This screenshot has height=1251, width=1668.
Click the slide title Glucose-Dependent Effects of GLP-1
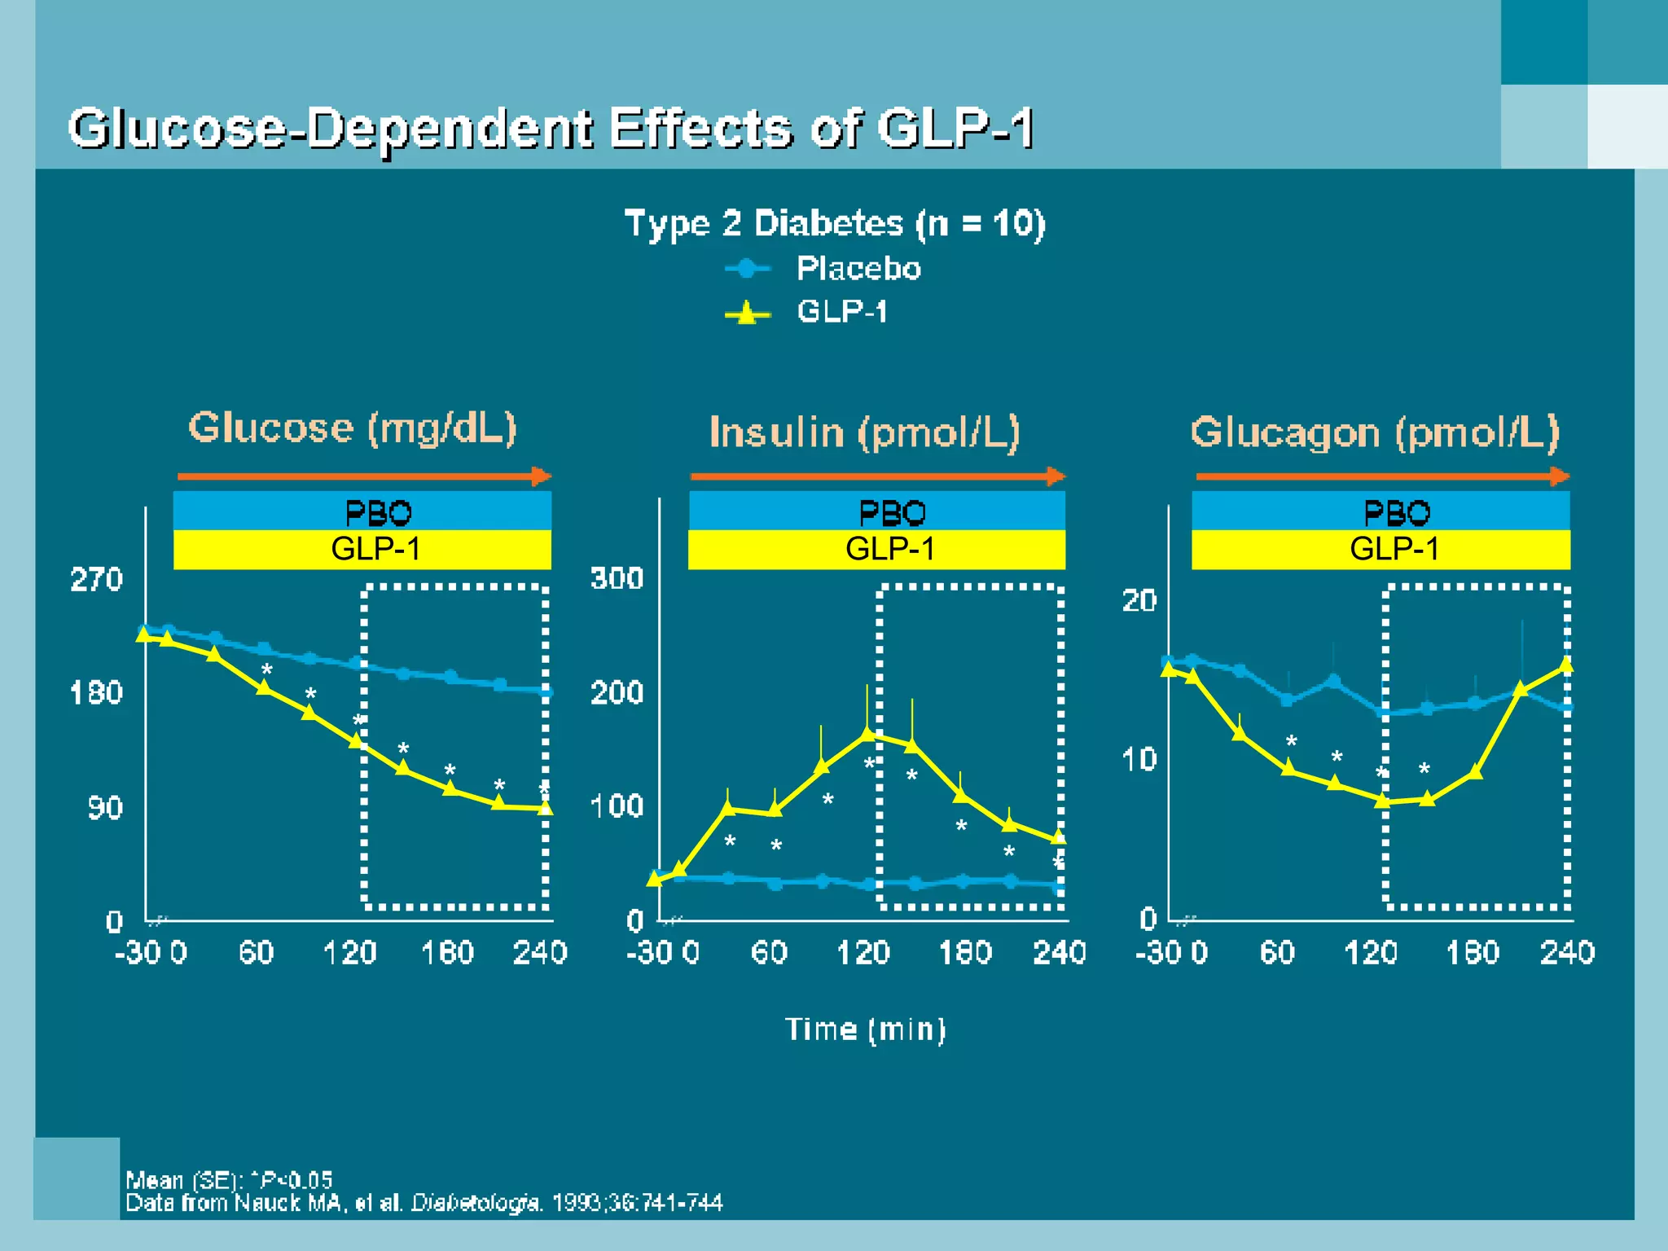pos(551,129)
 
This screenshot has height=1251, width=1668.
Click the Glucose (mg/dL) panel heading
pos(353,428)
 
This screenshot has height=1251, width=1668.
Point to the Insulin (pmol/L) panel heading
pos(864,432)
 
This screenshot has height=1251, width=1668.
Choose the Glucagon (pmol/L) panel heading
pos(1375,432)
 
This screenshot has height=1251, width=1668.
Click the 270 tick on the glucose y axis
pos(96,580)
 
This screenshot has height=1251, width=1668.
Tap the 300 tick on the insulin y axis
pos(617,578)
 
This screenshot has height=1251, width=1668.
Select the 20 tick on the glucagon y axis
pos(1139,601)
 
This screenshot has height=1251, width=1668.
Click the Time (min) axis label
pos(865,1029)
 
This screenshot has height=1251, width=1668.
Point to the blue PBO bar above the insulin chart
pos(877,511)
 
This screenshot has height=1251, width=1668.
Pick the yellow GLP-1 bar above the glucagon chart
pos(1380,549)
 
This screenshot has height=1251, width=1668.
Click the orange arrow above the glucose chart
pos(364,476)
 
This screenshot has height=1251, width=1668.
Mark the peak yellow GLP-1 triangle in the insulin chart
pos(867,734)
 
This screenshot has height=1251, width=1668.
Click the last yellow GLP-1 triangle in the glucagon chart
pos(1565,665)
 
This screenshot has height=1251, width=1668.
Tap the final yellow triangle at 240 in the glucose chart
pos(545,808)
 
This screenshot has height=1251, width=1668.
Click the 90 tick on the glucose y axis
pos(105,808)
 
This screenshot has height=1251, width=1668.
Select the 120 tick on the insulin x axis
pos(863,952)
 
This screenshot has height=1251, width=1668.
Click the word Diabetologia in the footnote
pos(476,1203)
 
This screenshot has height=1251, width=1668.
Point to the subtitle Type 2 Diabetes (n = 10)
pos(834,223)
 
